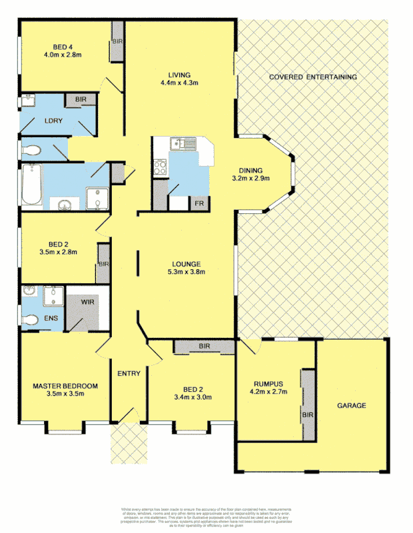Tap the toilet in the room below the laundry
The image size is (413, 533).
point(29,149)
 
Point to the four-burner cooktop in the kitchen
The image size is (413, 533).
point(161,167)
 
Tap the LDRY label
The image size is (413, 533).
point(53,121)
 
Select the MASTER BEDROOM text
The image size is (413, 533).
point(65,386)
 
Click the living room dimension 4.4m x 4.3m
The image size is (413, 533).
point(180,83)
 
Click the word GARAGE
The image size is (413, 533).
point(351,405)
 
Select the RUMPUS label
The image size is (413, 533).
point(269,383)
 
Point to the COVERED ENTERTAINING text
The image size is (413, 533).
point(312,77)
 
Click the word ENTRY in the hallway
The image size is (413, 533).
point(129,373)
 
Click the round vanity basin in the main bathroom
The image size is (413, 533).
point(65,205)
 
